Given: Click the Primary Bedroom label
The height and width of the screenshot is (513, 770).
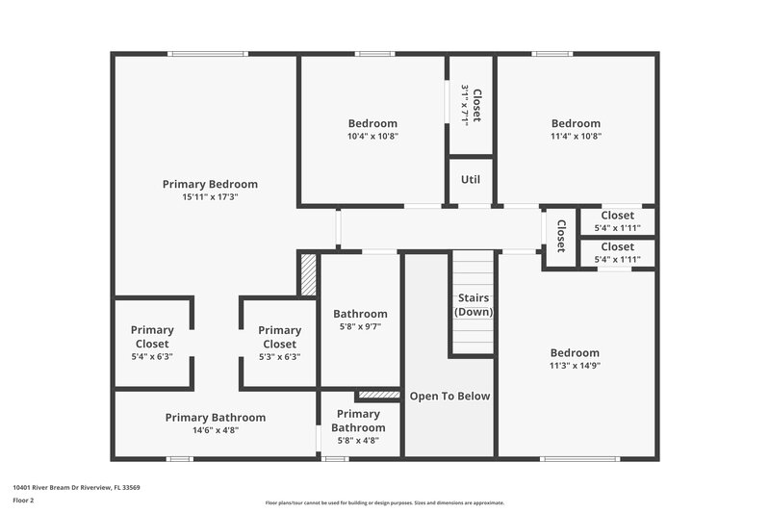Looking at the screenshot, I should click(210, 184).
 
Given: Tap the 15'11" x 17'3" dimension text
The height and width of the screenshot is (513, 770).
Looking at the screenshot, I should click(210, 196).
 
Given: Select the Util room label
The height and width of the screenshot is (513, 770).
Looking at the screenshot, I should click(471, 179).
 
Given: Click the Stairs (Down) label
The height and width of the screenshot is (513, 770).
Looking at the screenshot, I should click(473, 305).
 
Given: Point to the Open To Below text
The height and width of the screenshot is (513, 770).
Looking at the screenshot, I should click(449, 396).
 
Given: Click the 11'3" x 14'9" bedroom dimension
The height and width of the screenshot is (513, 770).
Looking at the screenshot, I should click(575, 366).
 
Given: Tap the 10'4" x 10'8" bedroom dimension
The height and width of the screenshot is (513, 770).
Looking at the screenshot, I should click(372, 137).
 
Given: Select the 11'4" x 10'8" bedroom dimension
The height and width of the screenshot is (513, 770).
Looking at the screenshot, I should click(576, 137).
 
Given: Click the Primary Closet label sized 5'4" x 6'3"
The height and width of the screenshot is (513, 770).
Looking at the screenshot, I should click(152, 337).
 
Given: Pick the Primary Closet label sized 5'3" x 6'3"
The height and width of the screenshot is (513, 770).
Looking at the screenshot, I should click(279, 337).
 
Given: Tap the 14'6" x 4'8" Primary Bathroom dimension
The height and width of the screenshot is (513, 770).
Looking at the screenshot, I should click(215, 430).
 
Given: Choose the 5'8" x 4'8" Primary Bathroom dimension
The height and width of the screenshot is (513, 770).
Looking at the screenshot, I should click(359, 441).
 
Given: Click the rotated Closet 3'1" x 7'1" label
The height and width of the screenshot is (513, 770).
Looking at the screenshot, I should click(471, 104).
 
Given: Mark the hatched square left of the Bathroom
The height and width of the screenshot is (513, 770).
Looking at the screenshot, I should click(308, 274).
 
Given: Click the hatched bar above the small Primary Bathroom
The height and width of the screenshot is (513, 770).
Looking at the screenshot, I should click(378, 395).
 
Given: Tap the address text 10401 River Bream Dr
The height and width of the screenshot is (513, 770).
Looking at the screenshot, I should click(76, 488).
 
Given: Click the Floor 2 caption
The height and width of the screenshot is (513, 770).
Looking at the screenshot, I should click(23, 500).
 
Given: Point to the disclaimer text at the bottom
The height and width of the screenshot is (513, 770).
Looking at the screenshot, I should click(384, 502).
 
